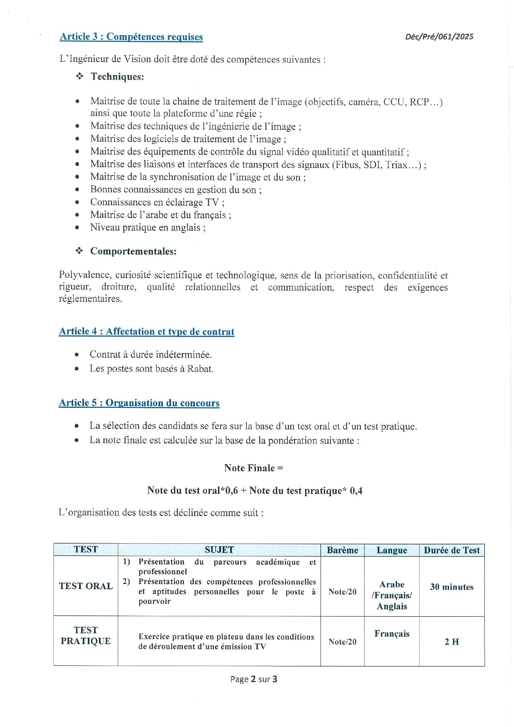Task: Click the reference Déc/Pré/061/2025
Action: click(x=439, y=36)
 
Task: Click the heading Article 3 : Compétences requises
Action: click(x=131, y=37)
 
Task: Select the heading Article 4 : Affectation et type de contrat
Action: click(x=147, y=332)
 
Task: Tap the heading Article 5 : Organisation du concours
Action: click(x=139, y=403)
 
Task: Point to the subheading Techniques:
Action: click(x=117, y=77)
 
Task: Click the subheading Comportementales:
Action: click(x=133, y=251)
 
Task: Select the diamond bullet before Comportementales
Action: click(x=79, y=251)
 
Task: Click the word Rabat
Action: click(x=200, y=368)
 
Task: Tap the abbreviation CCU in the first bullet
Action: click(x=393, y=102)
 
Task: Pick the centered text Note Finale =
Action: click(x=253, y=468)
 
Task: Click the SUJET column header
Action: click(x=219, y=550)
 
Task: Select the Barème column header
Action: click(x=342, y=550)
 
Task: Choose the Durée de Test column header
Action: click(x=451, y=550)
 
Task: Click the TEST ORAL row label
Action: click(x=86, y=586)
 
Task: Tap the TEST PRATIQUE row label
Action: click(x=86, y=635)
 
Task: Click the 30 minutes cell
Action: click(x=451, y=587)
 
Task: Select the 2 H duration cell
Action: click(x=451, y=642)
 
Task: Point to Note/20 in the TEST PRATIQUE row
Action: click(x=342, y=642)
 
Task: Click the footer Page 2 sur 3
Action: click(x=253, y=679)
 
